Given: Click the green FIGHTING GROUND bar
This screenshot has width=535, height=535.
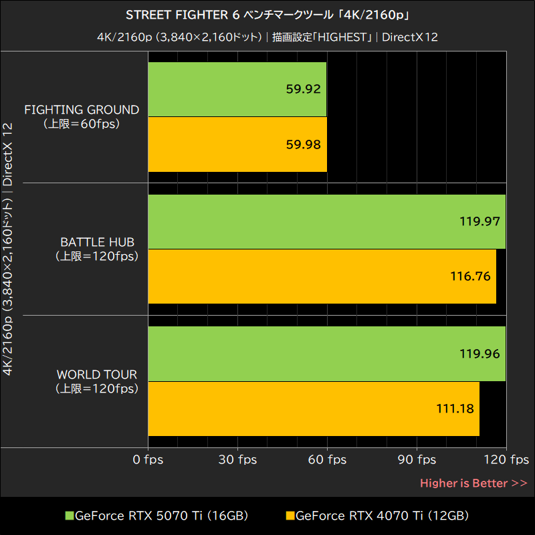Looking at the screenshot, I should tap(237, 90).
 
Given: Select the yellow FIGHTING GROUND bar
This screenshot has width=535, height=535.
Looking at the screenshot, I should tap(237, 144).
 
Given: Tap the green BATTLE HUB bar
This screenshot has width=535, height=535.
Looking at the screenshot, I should tap(326, 221).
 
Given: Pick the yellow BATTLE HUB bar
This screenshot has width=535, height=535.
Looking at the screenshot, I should tap(322, 276).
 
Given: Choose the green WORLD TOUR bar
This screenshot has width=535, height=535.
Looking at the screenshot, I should tap(326, 354).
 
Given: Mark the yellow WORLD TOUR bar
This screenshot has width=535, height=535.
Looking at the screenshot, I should tap(313, 409).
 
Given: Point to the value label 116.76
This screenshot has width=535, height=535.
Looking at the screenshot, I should tap(471, 276).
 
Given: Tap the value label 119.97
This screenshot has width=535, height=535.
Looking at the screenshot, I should tap(479, 221).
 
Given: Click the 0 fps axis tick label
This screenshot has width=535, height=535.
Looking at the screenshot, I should tap(147, 459).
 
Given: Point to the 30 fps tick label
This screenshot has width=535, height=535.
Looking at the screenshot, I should tap(237, 459).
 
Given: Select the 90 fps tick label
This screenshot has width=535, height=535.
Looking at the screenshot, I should tap(417, 459).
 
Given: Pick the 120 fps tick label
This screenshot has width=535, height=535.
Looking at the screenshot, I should tap(506, 459).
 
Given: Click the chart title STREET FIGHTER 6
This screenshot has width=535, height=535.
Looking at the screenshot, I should tap(267, 15).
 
